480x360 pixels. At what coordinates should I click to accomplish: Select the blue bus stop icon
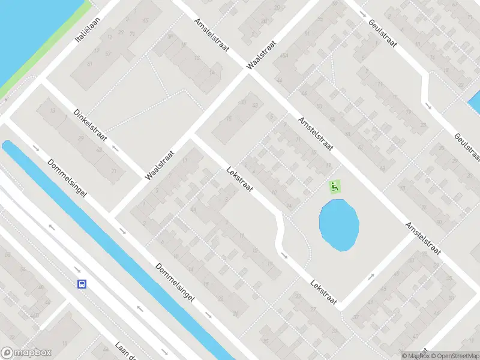[x=82, y=284]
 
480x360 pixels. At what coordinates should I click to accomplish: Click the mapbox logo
[x=26, y=353]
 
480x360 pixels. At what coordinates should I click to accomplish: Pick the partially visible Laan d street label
[x=127, y=351]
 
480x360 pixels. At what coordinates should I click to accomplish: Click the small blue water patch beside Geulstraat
[x=474, y=102]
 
